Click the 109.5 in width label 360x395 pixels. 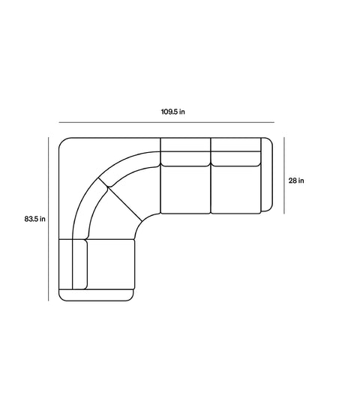click(173, 112)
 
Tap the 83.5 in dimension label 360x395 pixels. click(34, 220)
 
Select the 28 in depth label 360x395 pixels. click(296, 180)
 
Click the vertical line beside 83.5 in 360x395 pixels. click(49, 219)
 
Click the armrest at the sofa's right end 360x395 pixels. click(265, 175)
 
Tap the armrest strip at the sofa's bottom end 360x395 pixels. click(98, 295)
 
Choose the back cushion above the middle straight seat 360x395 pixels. click(186, 151)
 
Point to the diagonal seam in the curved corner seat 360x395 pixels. click(125, 204)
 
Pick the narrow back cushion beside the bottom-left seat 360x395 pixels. click(79, 264)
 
